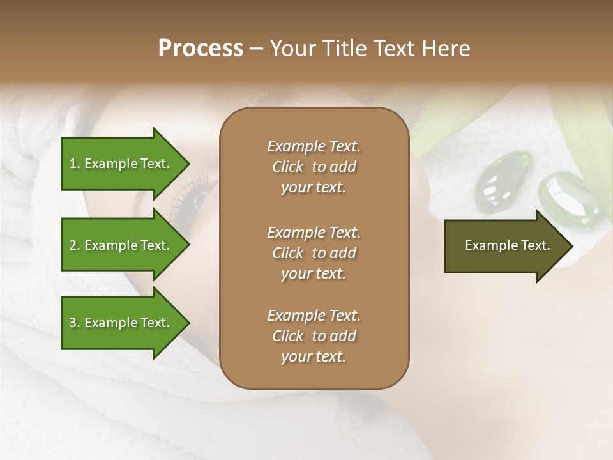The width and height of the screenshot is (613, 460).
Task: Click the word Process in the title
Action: [201, 49]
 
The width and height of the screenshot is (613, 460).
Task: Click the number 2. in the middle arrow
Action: [74, 245]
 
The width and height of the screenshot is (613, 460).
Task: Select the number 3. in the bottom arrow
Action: [74, 323]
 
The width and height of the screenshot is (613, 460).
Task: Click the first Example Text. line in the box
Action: [314, 146]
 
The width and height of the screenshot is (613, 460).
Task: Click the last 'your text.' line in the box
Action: [314, 357]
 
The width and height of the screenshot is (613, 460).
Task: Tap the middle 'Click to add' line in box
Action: [314, 253]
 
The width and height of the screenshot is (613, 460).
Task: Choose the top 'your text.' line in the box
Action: [314, 188]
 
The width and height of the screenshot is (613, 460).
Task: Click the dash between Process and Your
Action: [256, 49]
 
